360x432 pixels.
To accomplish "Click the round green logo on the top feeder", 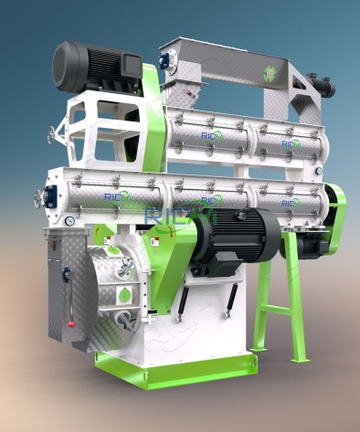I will pos(270,74).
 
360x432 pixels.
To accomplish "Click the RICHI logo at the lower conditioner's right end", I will pos(291,202).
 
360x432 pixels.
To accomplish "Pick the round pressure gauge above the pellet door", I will pos(69,220).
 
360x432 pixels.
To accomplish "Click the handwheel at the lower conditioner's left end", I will pos(39,197).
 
